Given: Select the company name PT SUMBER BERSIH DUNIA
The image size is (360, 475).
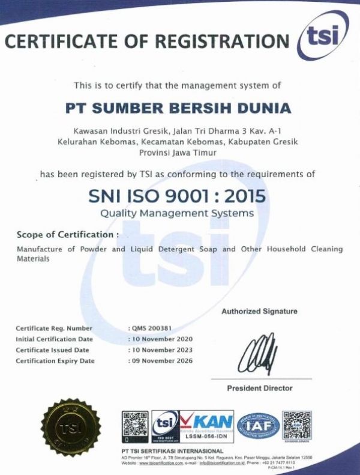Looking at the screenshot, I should [178, 109].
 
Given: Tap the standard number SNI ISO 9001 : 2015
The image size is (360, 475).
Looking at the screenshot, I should [177, 196].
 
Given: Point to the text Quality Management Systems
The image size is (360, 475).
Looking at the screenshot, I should [177, 213].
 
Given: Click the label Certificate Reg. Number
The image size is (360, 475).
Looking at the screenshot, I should [54, 328].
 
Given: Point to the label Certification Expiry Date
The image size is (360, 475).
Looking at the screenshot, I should [55, 360].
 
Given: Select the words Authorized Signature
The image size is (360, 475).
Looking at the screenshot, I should [259, 311].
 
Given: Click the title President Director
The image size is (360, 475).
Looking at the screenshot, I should [259, 388].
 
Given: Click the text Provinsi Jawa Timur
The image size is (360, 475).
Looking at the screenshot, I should [178, 153].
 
